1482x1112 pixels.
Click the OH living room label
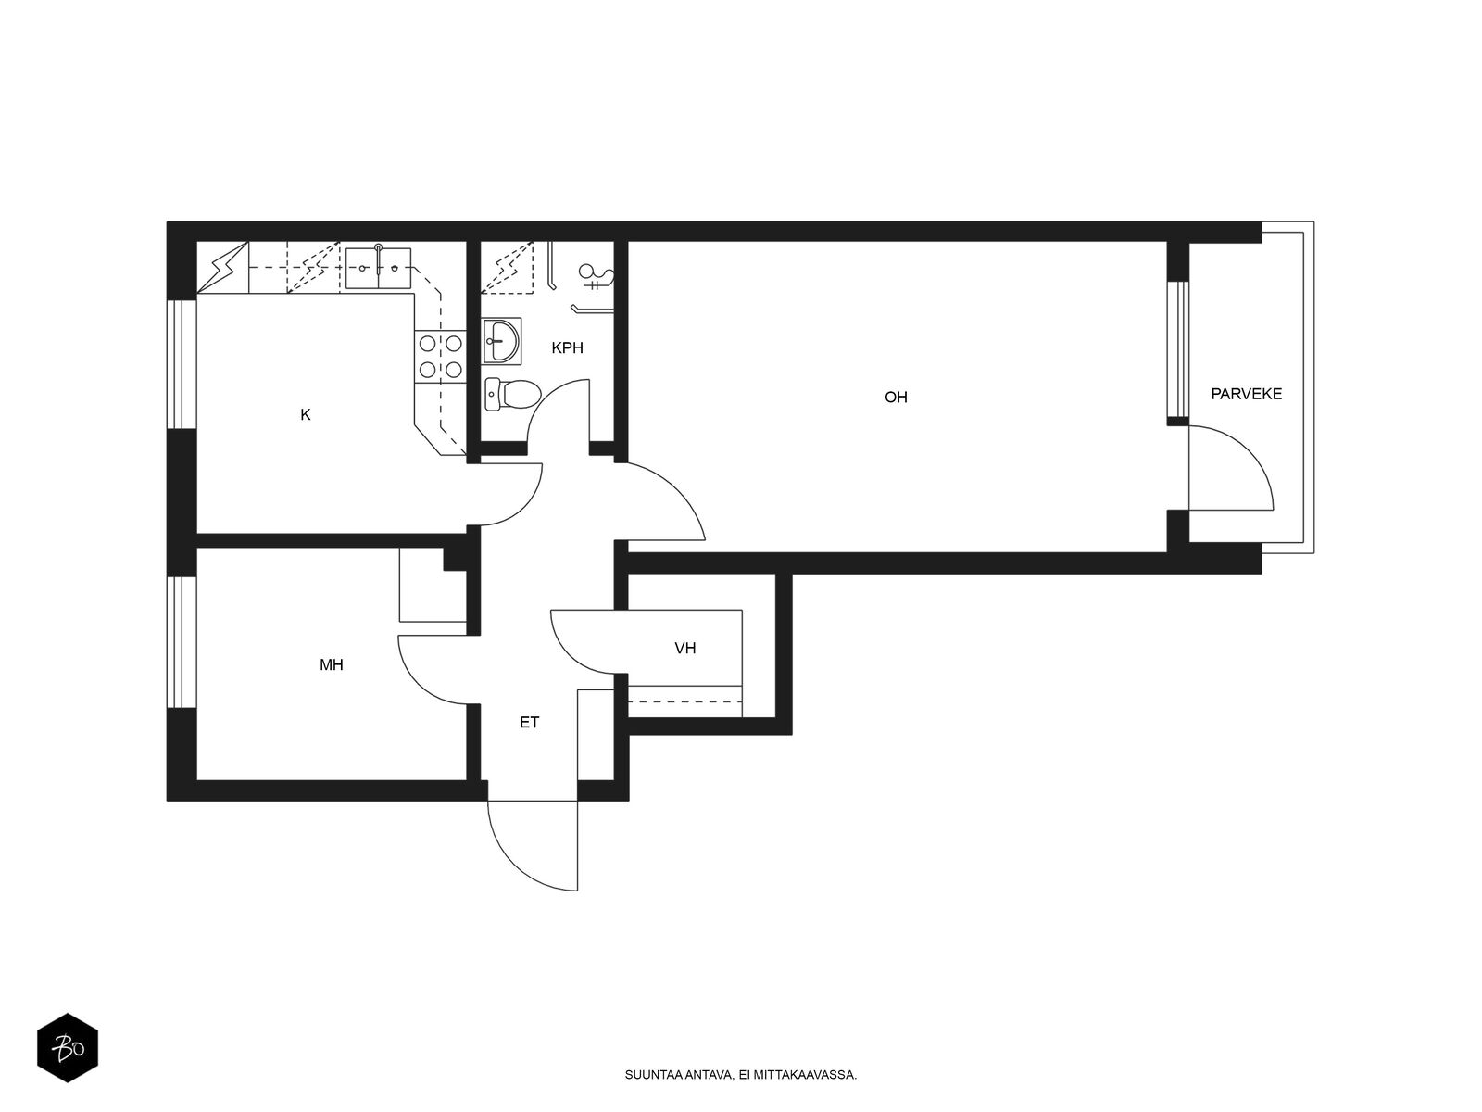896,397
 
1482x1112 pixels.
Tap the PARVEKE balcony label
1246,394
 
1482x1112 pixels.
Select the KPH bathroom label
567,347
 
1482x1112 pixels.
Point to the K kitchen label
305,414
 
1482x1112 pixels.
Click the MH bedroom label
331,665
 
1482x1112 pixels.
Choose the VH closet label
684,648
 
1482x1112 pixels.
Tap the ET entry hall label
529,723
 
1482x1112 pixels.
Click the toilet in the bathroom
512,394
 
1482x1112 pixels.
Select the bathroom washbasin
502,342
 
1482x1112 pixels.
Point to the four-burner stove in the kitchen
440,357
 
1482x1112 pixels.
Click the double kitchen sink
378,268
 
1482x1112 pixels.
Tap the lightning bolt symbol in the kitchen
222,268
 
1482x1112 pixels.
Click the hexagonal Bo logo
68,1048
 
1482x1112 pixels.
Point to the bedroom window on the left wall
182,642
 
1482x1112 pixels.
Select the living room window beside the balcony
1177,349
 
